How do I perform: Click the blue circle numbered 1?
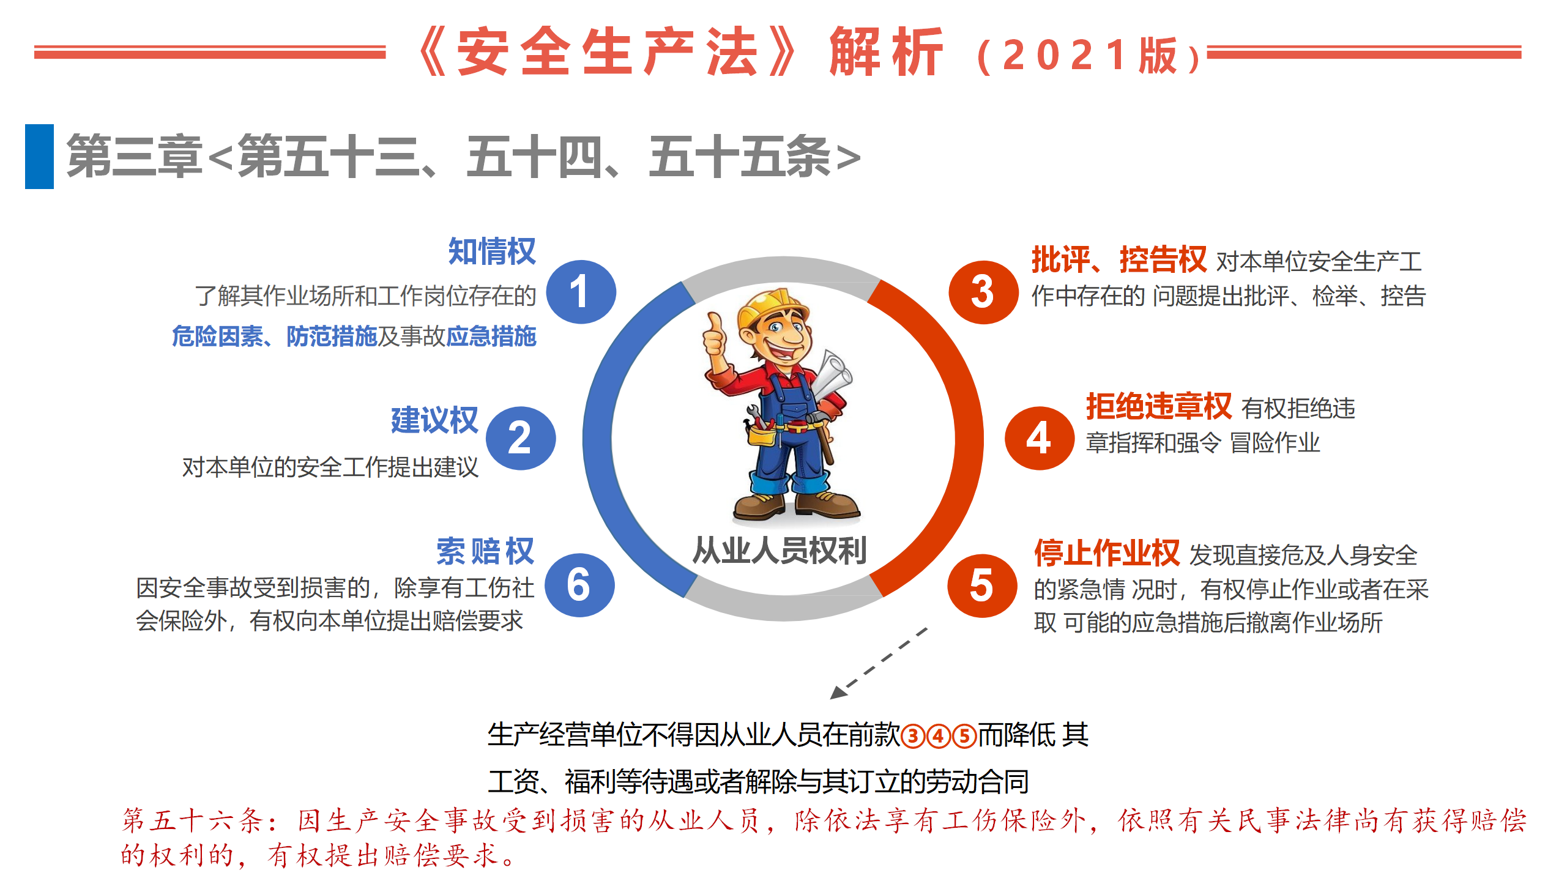581,292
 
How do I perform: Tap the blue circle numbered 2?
521,438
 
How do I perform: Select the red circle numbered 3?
983,292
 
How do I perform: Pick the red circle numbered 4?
1039,438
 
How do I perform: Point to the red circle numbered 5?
982,585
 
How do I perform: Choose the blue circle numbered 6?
579,585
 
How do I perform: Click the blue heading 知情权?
492,251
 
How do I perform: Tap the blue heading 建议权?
434,420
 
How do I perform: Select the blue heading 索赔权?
485,551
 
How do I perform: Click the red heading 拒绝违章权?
1159,406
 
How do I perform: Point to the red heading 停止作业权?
1107,553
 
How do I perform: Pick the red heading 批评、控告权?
1119,259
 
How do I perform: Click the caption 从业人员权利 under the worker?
780,550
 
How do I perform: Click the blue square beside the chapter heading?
39,157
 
